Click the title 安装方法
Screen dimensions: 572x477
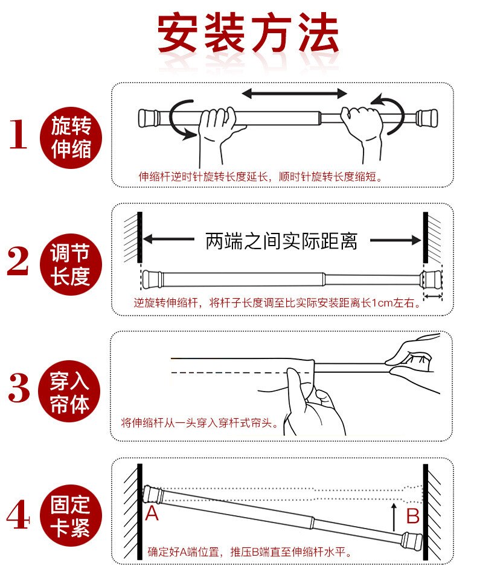[248, 34]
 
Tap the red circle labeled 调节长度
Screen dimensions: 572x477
[71, 263]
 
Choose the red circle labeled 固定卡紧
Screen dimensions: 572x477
[71, 516]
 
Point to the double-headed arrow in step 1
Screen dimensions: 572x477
[294, 94]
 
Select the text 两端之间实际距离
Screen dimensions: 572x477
[281, 241]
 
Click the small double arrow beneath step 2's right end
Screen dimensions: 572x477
[432, 297]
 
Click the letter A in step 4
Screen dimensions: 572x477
[152, 514]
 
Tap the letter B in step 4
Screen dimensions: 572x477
[412, 516]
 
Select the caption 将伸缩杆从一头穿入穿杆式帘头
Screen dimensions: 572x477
[200, 423]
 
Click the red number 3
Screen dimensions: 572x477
[19, 389]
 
